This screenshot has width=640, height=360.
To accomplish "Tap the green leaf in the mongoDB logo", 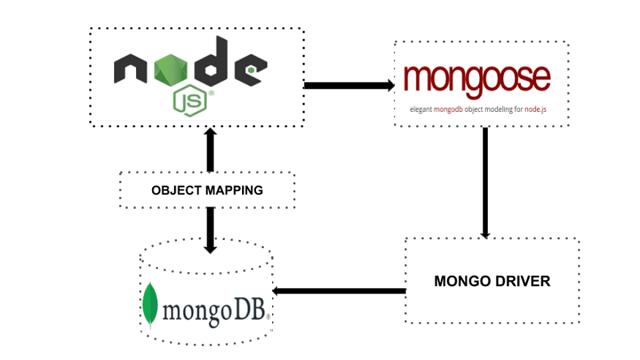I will (151, 303).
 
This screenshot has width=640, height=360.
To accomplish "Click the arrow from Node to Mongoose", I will (348, 86).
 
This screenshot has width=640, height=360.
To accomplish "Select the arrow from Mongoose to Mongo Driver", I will (484, 182).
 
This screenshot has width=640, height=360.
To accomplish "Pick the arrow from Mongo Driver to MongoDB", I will (340, 291).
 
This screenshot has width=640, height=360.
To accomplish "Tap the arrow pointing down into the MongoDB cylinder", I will (211, 230).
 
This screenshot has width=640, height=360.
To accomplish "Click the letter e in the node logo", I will (249, 70).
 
